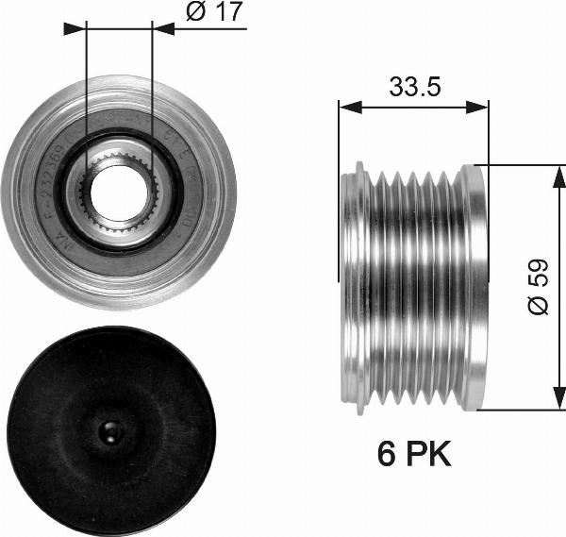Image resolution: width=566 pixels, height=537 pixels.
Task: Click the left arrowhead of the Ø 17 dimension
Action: [x=75, y=29]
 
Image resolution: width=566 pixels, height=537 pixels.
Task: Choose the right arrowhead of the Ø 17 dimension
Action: [x=163, y=29]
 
